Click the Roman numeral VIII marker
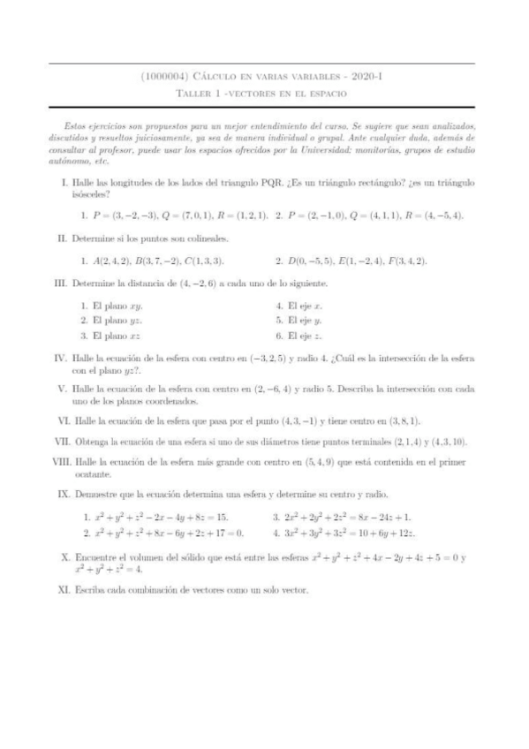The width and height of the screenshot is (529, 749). [59, 460]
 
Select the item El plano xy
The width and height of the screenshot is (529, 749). [110, 306]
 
